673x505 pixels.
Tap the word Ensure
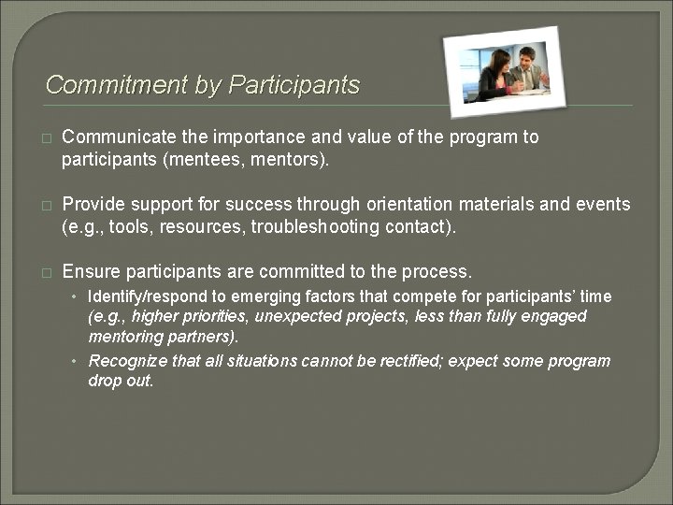[x=91, y=272]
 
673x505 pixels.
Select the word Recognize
[x=127, y=361]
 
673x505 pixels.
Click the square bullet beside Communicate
[x=45, y=138]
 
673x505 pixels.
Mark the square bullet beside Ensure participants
[x=45, y=273]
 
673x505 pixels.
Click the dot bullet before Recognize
[x=78, y=362]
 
